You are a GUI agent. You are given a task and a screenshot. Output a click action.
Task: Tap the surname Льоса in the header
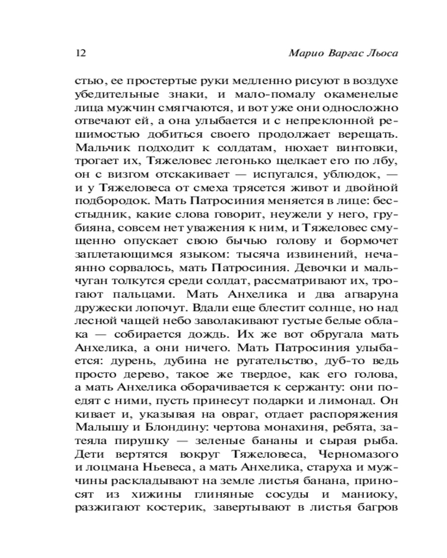[384, 54]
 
